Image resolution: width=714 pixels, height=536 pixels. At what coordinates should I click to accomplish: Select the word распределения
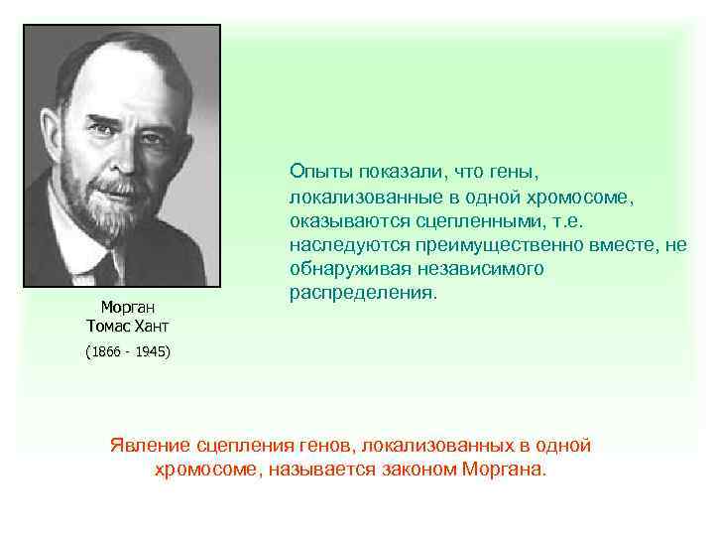tap(362, 294)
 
